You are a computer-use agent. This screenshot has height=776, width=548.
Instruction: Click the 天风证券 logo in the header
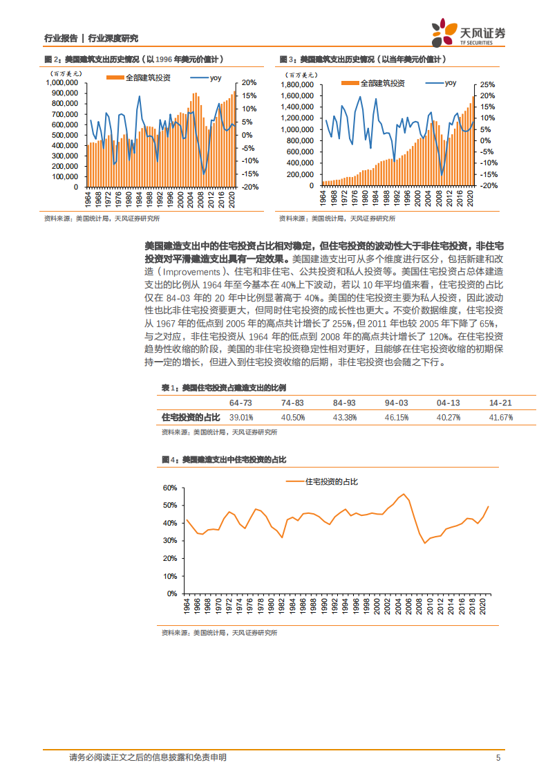click(x=468, y=33)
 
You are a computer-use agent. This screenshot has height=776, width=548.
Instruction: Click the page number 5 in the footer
click(x=498, y=757)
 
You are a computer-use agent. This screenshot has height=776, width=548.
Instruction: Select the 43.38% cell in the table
click(x=345, y=418)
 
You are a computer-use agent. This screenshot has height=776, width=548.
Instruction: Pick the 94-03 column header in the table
click(x=397, y=403)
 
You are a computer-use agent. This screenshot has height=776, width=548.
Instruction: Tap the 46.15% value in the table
click(x=397, y=418)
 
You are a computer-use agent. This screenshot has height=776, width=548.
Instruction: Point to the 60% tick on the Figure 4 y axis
click(x=169, y=488)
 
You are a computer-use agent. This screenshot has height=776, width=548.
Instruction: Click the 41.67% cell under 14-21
click(x=501, y=418)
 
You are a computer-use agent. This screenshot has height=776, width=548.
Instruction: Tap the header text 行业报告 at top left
click(x=59, y=38)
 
